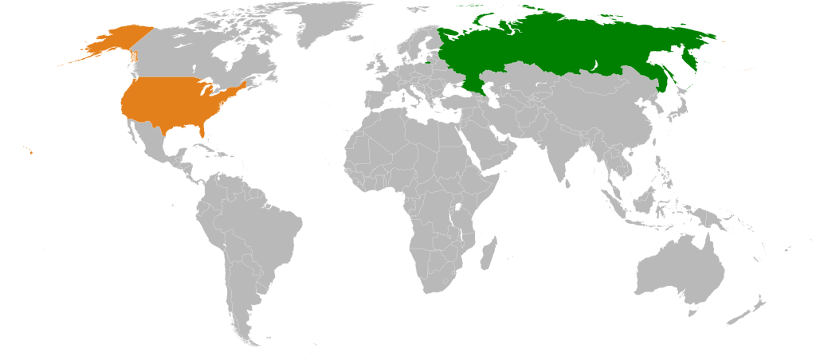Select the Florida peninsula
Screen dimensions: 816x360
click(x=204, y=132)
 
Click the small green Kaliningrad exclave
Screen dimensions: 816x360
click(x=428, y=61)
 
